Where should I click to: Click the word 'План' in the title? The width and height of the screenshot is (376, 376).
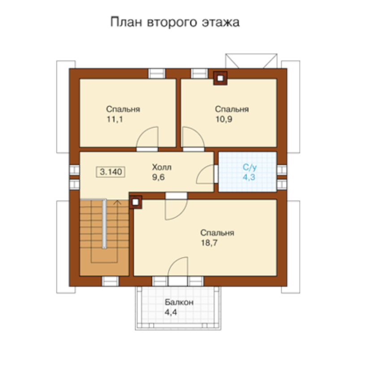click(126, 22)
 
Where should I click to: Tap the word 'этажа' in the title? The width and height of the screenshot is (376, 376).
click(221, 22)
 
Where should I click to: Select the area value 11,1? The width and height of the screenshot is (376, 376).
click(115, 119)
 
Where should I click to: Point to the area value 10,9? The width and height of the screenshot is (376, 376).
click(224, 119)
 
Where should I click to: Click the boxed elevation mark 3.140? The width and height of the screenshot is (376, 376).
click(111, 172)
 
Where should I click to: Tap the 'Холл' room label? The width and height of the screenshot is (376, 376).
click(162, 167)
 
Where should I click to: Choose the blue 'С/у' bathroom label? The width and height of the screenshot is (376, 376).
click(250, 167)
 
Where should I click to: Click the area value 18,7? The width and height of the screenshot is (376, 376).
click(209, 243)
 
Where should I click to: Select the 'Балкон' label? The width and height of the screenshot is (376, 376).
click(179, 302)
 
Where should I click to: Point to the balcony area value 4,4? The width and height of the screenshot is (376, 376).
click(171, 312)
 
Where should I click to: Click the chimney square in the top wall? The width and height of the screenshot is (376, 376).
click(220, 78)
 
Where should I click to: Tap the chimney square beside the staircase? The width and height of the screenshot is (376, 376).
click(136, 202)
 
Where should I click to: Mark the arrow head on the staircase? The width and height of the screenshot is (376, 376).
click(117, 202)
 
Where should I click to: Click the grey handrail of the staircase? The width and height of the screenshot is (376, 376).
click(104, 224)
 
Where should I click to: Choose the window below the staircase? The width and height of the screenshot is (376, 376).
click(110, 281)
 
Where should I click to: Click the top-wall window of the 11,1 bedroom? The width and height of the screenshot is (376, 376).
click(157, 73)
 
